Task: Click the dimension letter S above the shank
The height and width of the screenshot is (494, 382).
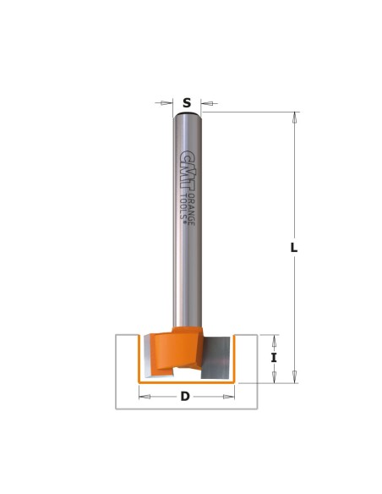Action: tap(187, 102)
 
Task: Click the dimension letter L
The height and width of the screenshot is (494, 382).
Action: tap(293, 248)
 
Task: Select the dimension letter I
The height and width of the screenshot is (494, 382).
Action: tap(274, 358)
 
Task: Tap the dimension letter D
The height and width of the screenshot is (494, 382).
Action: tap(185, 396)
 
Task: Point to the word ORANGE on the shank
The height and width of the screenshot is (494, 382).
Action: tap(192, 210)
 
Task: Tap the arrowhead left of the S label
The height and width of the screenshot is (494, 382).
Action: tap(165, 102)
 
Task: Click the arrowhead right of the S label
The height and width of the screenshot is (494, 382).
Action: tap(209, 103)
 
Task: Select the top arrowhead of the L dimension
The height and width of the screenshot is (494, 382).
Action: tap(295, 118)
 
